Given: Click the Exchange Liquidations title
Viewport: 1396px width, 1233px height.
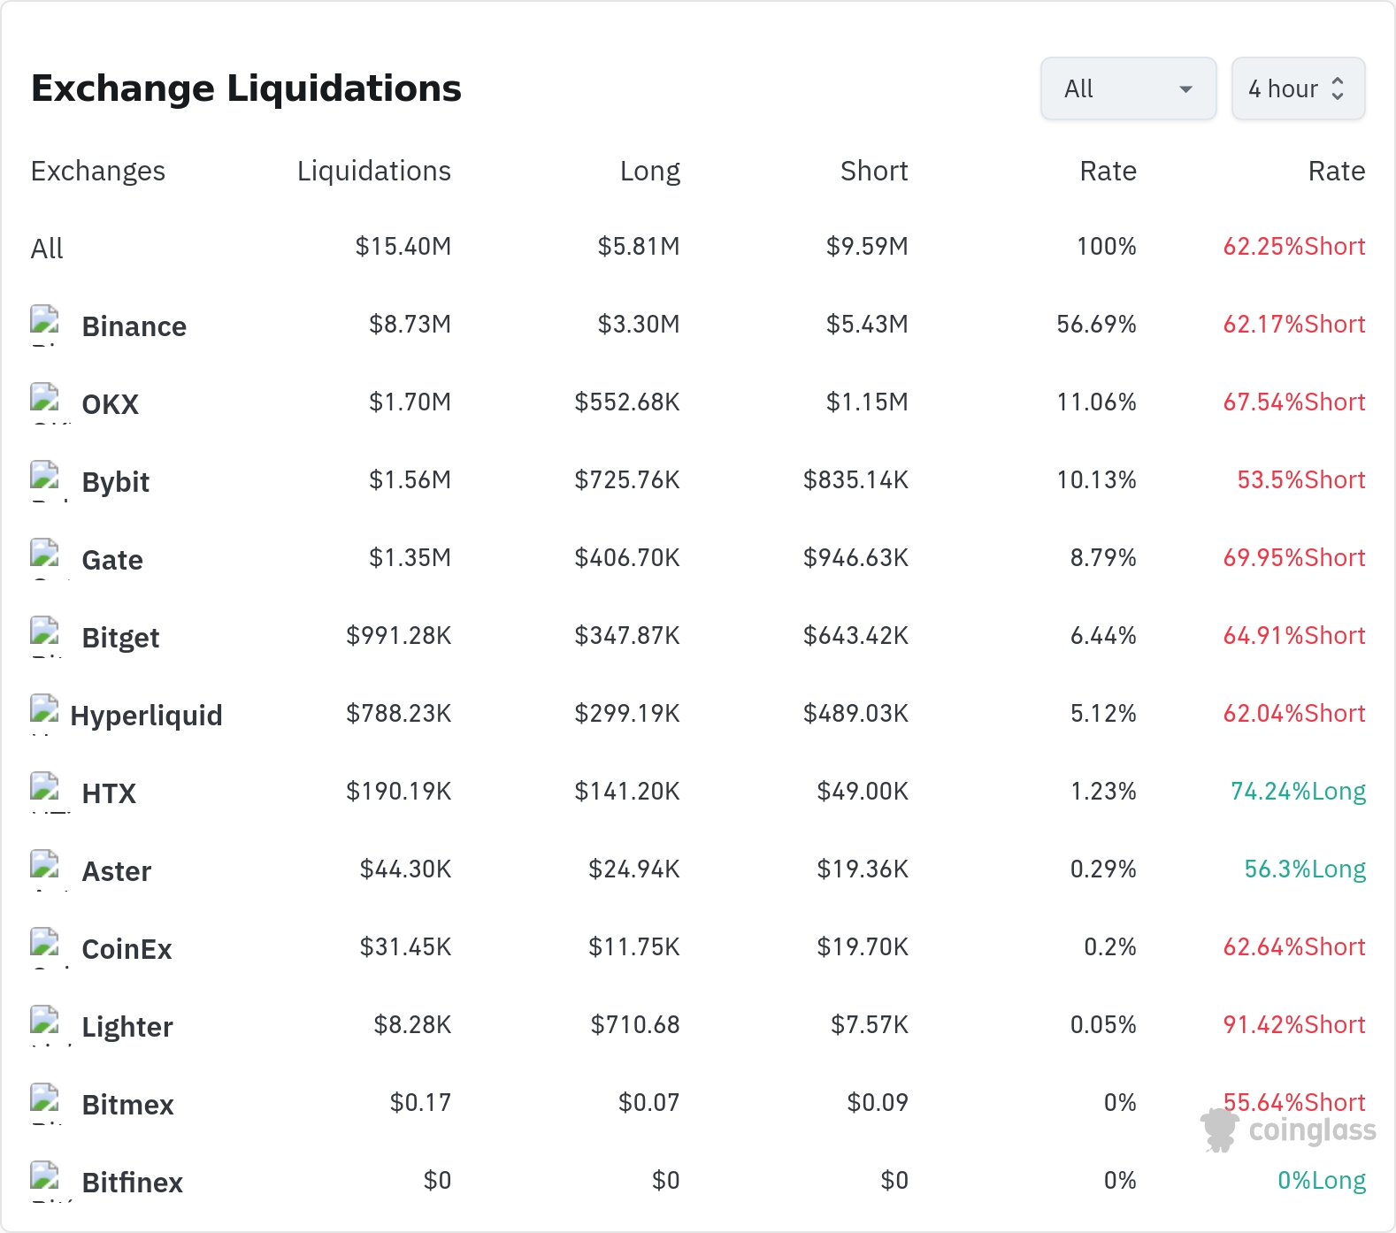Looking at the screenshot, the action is tap(246, 88).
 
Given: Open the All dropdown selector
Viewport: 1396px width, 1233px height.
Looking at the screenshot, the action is tap(1128, 88).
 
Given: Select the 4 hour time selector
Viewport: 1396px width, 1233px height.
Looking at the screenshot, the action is tap(1298, 88).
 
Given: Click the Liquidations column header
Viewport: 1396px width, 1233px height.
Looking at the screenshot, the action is tap(374, 171).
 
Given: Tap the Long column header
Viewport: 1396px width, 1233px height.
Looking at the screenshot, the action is tap(650, 171).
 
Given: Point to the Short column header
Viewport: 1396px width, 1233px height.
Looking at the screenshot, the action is tap(874, 171).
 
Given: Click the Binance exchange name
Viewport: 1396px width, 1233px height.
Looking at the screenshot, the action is tap(134, 326).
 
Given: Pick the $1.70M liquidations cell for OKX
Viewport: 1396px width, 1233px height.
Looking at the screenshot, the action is tap(410, 402).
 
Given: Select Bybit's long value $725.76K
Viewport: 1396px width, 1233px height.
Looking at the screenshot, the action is tap(627, 480).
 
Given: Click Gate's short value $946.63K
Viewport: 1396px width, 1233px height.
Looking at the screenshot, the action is tap(855, 558).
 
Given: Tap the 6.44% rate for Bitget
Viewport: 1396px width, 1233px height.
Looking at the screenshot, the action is tap(1103, 636).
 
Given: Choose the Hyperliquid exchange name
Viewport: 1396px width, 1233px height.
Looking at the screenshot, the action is tap(146, 716).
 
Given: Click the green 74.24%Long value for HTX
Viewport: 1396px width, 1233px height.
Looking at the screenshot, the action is tap(1298, 792).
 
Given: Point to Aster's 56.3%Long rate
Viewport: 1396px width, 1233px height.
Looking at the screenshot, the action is tap(1305, 869).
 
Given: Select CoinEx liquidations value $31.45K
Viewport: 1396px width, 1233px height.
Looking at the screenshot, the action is tap(406, 947).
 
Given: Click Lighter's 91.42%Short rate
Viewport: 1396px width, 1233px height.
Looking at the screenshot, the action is tap(1294, 1025).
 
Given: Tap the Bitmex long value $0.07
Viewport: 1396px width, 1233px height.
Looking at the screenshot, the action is tap(649, 1103).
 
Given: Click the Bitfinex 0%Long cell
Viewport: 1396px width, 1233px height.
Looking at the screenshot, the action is tap(1322, 1181).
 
